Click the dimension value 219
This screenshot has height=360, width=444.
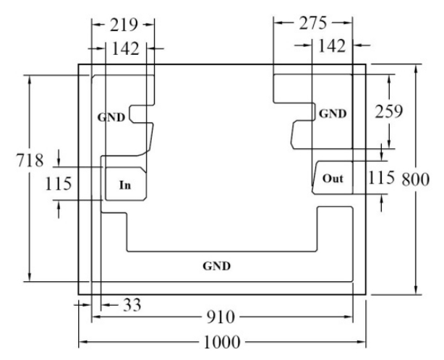124,25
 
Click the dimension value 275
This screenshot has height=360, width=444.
313,23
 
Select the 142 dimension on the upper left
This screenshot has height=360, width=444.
125,48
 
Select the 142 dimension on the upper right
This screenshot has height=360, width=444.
332,46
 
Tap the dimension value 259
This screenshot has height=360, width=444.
389,111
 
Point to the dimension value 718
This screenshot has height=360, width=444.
30,160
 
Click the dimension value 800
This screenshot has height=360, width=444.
415,179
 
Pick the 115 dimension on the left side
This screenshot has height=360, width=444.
59,184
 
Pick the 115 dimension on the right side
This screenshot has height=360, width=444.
381,178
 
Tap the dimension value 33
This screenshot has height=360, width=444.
132,305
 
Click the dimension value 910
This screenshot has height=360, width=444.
221,317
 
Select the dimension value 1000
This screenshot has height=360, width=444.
222,342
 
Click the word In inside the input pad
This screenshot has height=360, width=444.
125,185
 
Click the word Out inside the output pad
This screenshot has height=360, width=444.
333,179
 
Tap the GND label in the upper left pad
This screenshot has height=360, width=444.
111,117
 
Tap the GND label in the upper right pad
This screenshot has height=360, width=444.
333,113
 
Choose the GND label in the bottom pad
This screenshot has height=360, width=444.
217,266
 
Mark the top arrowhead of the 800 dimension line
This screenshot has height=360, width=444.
415,69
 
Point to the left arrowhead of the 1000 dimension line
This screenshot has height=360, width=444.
83,342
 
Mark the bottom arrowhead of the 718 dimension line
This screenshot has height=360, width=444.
30,278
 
